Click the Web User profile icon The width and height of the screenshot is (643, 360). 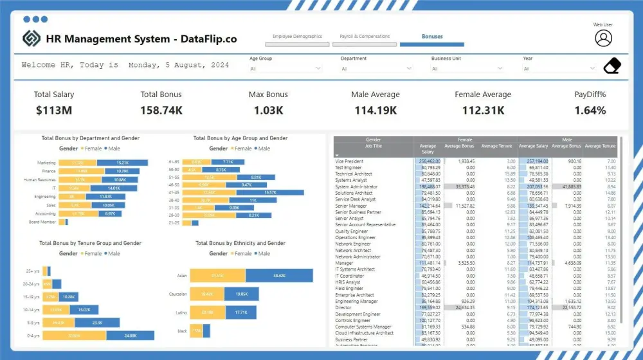tap(603, 39)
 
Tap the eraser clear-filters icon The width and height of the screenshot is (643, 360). tap(613, 66)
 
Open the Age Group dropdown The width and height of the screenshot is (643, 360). tap(285, 68)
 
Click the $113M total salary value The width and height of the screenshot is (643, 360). tap(54, 111)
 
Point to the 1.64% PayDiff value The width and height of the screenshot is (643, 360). tap(590, 111)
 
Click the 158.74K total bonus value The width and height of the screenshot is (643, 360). tap(161, 111)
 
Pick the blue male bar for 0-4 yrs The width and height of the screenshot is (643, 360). tap(131, 336)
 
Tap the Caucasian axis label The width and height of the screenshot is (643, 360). tap(177, 294)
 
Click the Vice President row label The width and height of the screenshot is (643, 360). tap(349, 161)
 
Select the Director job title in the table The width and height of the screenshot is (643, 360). tap(344, 308)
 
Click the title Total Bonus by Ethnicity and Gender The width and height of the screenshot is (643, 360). tap(240, 244)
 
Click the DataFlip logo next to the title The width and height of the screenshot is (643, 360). tap(31, 39)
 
